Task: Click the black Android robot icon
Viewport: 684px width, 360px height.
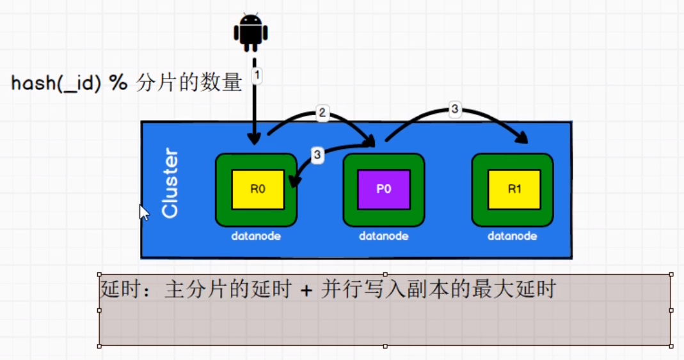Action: coord(251,33)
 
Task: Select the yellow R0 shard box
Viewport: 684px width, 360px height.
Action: coord(257,190)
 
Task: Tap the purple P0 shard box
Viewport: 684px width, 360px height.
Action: coord(384,190)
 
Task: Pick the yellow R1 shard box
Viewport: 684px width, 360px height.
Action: coord(513,190)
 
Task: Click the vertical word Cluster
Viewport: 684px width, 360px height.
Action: coord(170,184)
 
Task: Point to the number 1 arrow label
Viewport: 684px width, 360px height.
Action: coord(257,75)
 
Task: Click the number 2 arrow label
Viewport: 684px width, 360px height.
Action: coord(322,113)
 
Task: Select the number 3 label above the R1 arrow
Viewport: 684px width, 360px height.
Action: coord(454,109)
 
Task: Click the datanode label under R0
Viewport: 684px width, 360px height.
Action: coord(257,236)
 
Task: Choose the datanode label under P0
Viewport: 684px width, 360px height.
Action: coord(384,236)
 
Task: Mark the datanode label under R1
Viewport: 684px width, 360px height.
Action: coord(512,236)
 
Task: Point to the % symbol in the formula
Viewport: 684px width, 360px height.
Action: coord(119,84)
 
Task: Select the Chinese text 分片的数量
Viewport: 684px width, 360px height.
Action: coord(189,84)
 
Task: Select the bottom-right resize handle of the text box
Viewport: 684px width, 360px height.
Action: coord(671,345)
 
